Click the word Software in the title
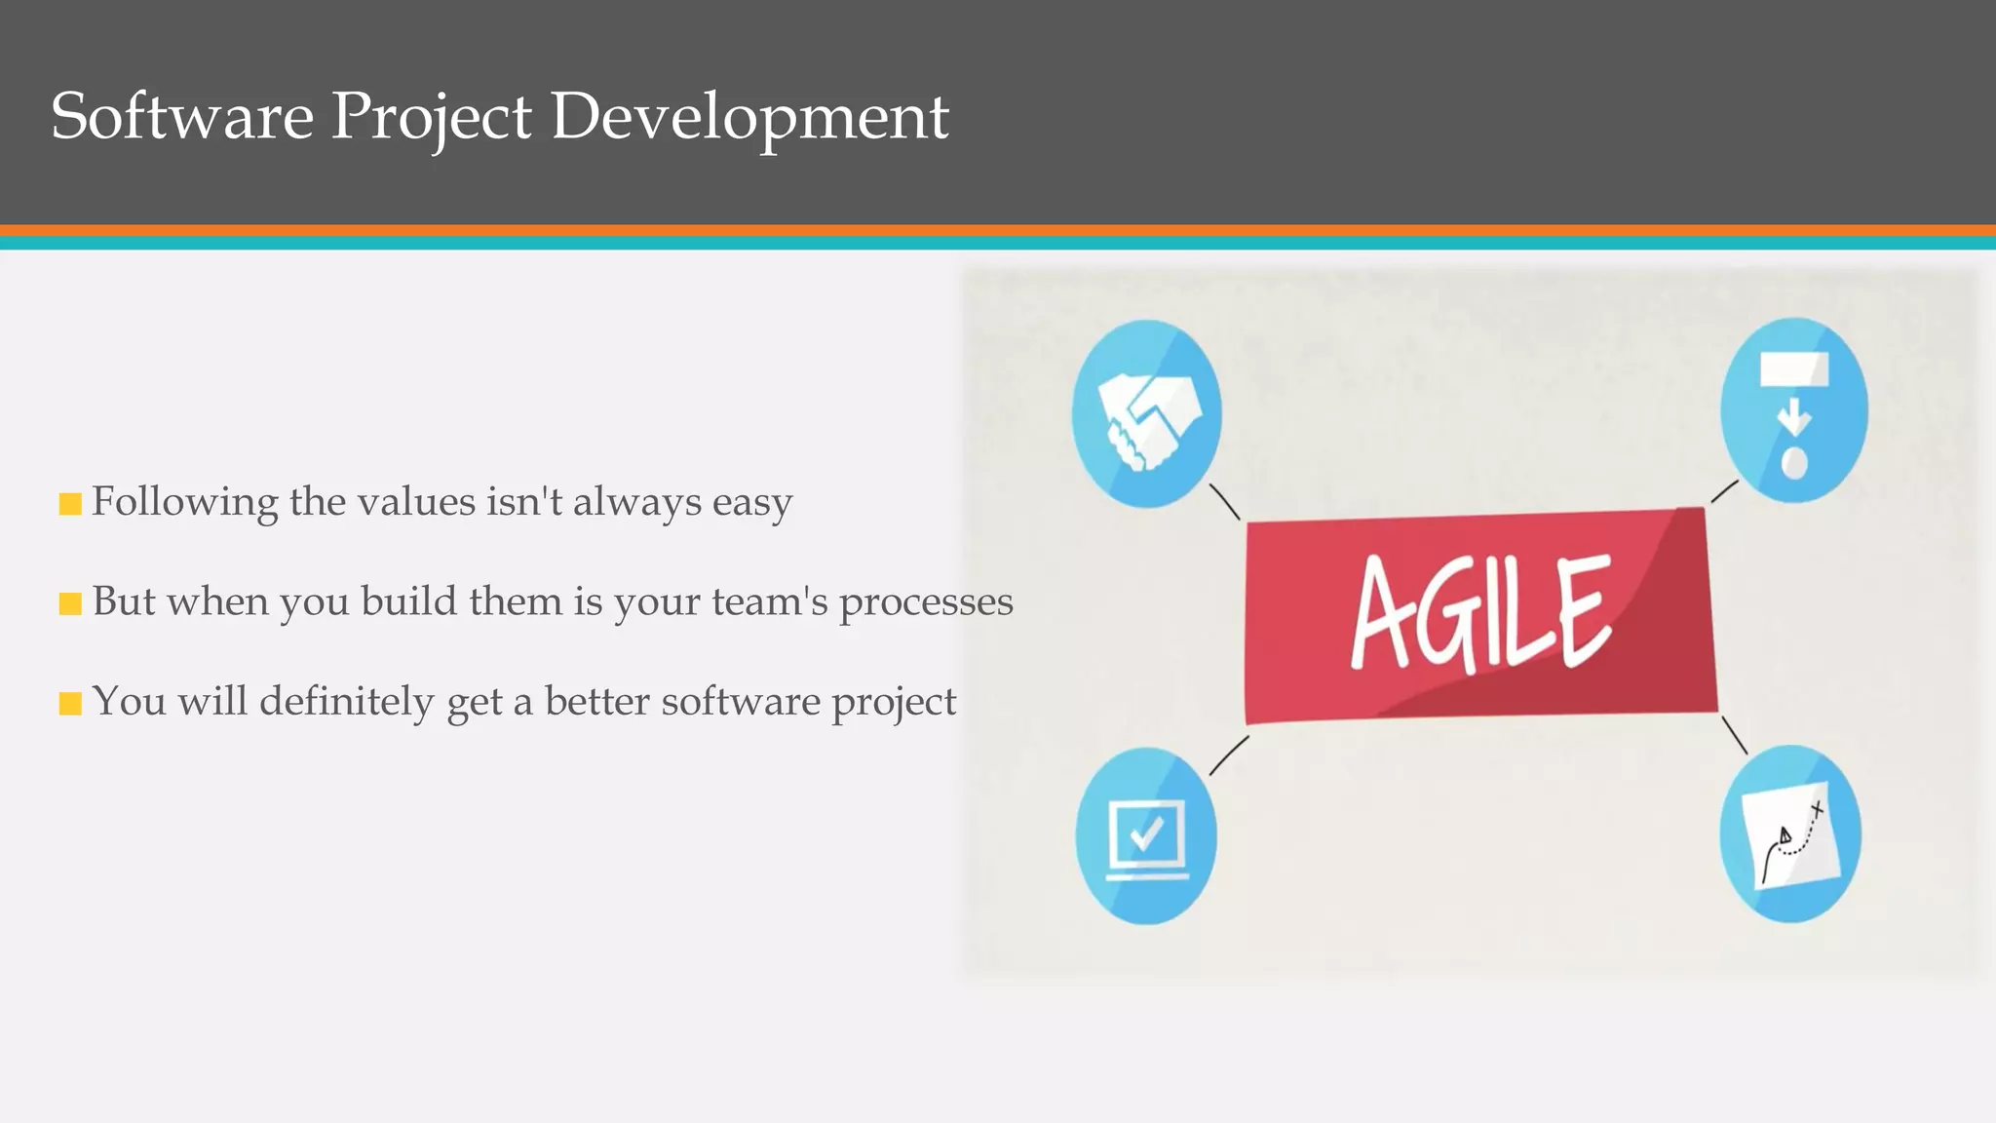[x=181, y=116]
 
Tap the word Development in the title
[x=748, y=118]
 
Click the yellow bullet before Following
[x=70, y=504]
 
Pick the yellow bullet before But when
[x=70, y=604]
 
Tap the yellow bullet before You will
[x=70, y=704]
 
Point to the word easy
[x=751, y=504]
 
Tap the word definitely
[x=346, y=702]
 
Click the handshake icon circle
[x=1146, y=413]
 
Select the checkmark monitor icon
[x=1146, y=836]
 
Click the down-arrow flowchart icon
[x=1793, y=410]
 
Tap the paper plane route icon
[x=1790, y=834]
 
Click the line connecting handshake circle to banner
[x=1224, y=501]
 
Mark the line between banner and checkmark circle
[x=1228, y=755]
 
